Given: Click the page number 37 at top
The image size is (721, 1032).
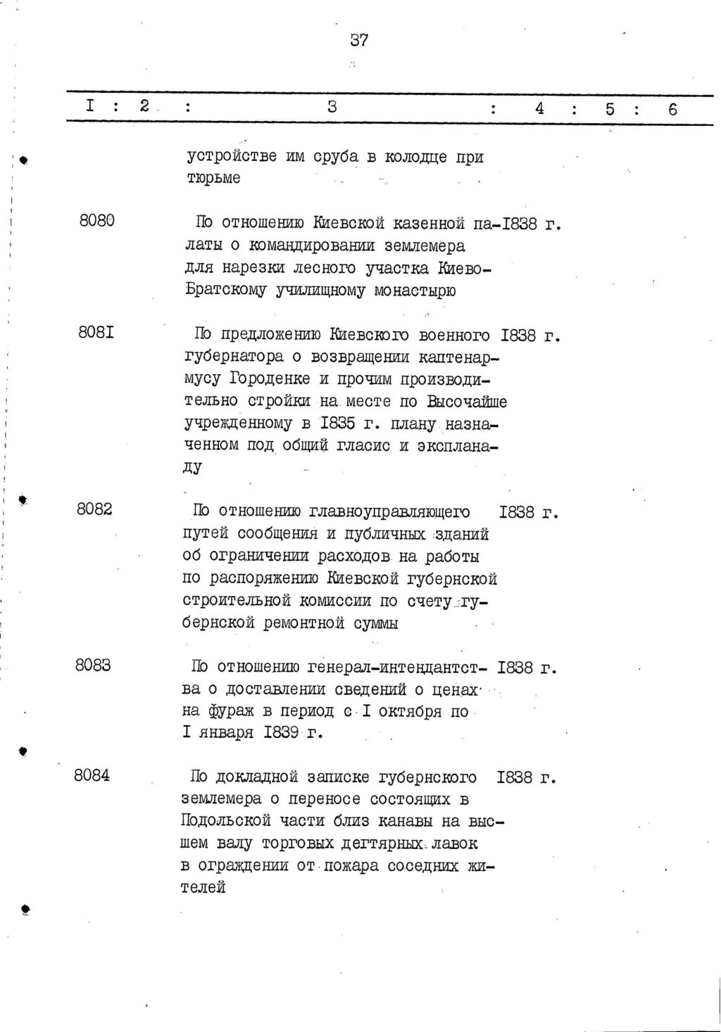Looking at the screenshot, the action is point(359,41).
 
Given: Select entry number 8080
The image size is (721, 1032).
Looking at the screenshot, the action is point(97,220).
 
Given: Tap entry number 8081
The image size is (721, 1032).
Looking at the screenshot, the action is point(97,333).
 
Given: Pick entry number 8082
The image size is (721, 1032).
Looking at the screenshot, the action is point(94,509).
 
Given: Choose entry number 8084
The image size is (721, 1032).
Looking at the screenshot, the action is point(92,775).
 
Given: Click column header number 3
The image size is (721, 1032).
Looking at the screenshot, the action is point(332,108).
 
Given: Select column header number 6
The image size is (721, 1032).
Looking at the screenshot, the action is point(672,109).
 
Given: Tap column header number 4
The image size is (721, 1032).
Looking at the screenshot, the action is point(539,108).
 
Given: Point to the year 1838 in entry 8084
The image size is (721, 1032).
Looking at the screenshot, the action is point(514,778).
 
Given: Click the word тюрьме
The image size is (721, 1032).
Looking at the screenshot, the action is point(213,178).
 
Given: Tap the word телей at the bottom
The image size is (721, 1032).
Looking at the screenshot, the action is point(203,888).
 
